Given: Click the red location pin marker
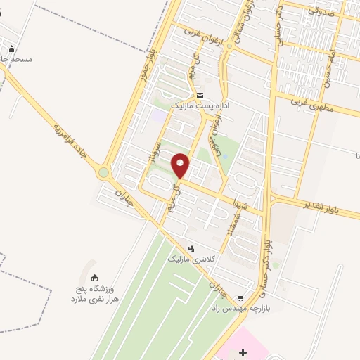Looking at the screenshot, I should coord(181,166).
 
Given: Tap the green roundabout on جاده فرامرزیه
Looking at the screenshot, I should coord(104,172).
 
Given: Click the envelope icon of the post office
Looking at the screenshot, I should coord(200,96).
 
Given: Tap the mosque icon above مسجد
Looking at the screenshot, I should coord(11,49).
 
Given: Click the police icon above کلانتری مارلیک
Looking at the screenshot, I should coord(191,247).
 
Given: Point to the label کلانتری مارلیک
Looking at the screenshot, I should coord(188,259).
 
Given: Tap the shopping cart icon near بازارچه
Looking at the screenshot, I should coord(242,297).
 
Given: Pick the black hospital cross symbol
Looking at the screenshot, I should coord(243,351).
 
